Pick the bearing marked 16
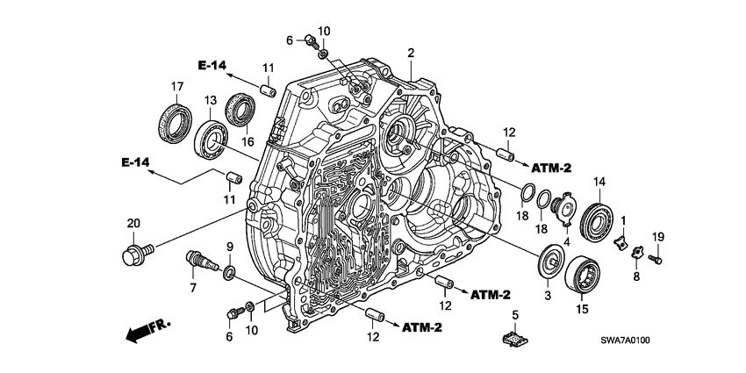240,109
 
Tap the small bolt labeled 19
658,258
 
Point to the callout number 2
410,54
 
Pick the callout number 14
599,182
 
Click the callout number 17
176,85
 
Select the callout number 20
133,224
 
